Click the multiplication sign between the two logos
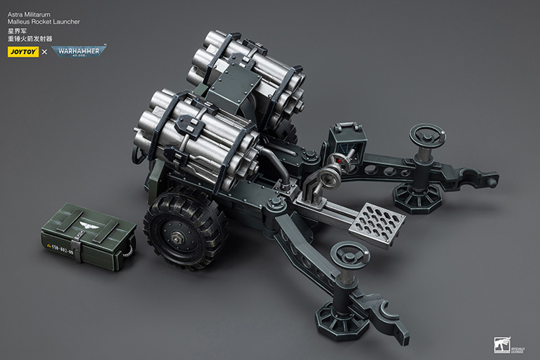pos(44,52)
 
